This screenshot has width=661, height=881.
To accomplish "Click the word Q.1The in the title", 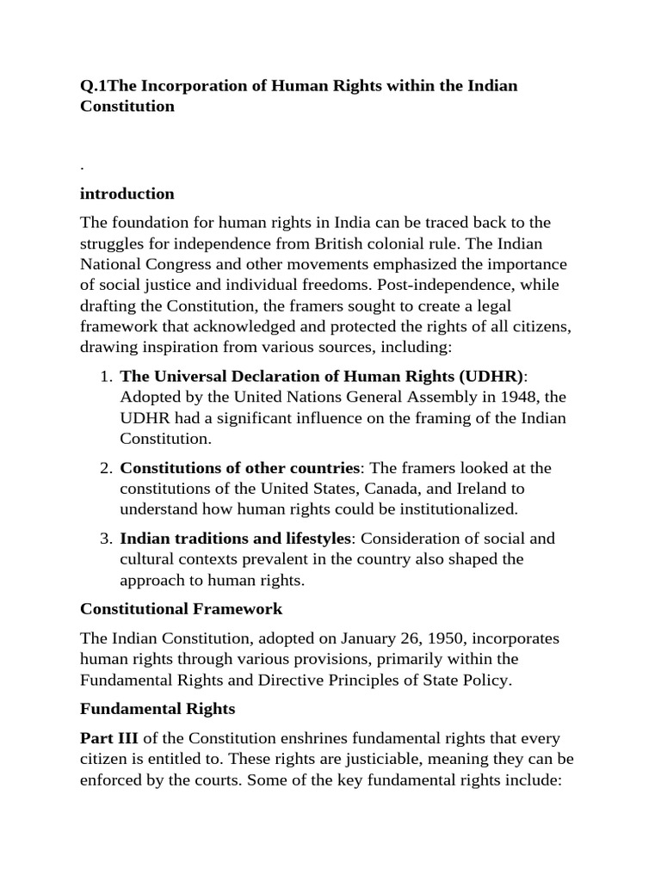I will tap(108, 86).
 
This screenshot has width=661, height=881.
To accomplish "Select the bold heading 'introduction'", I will tap(127, 194).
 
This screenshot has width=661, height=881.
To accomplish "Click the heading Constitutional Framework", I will tap(181, 609).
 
